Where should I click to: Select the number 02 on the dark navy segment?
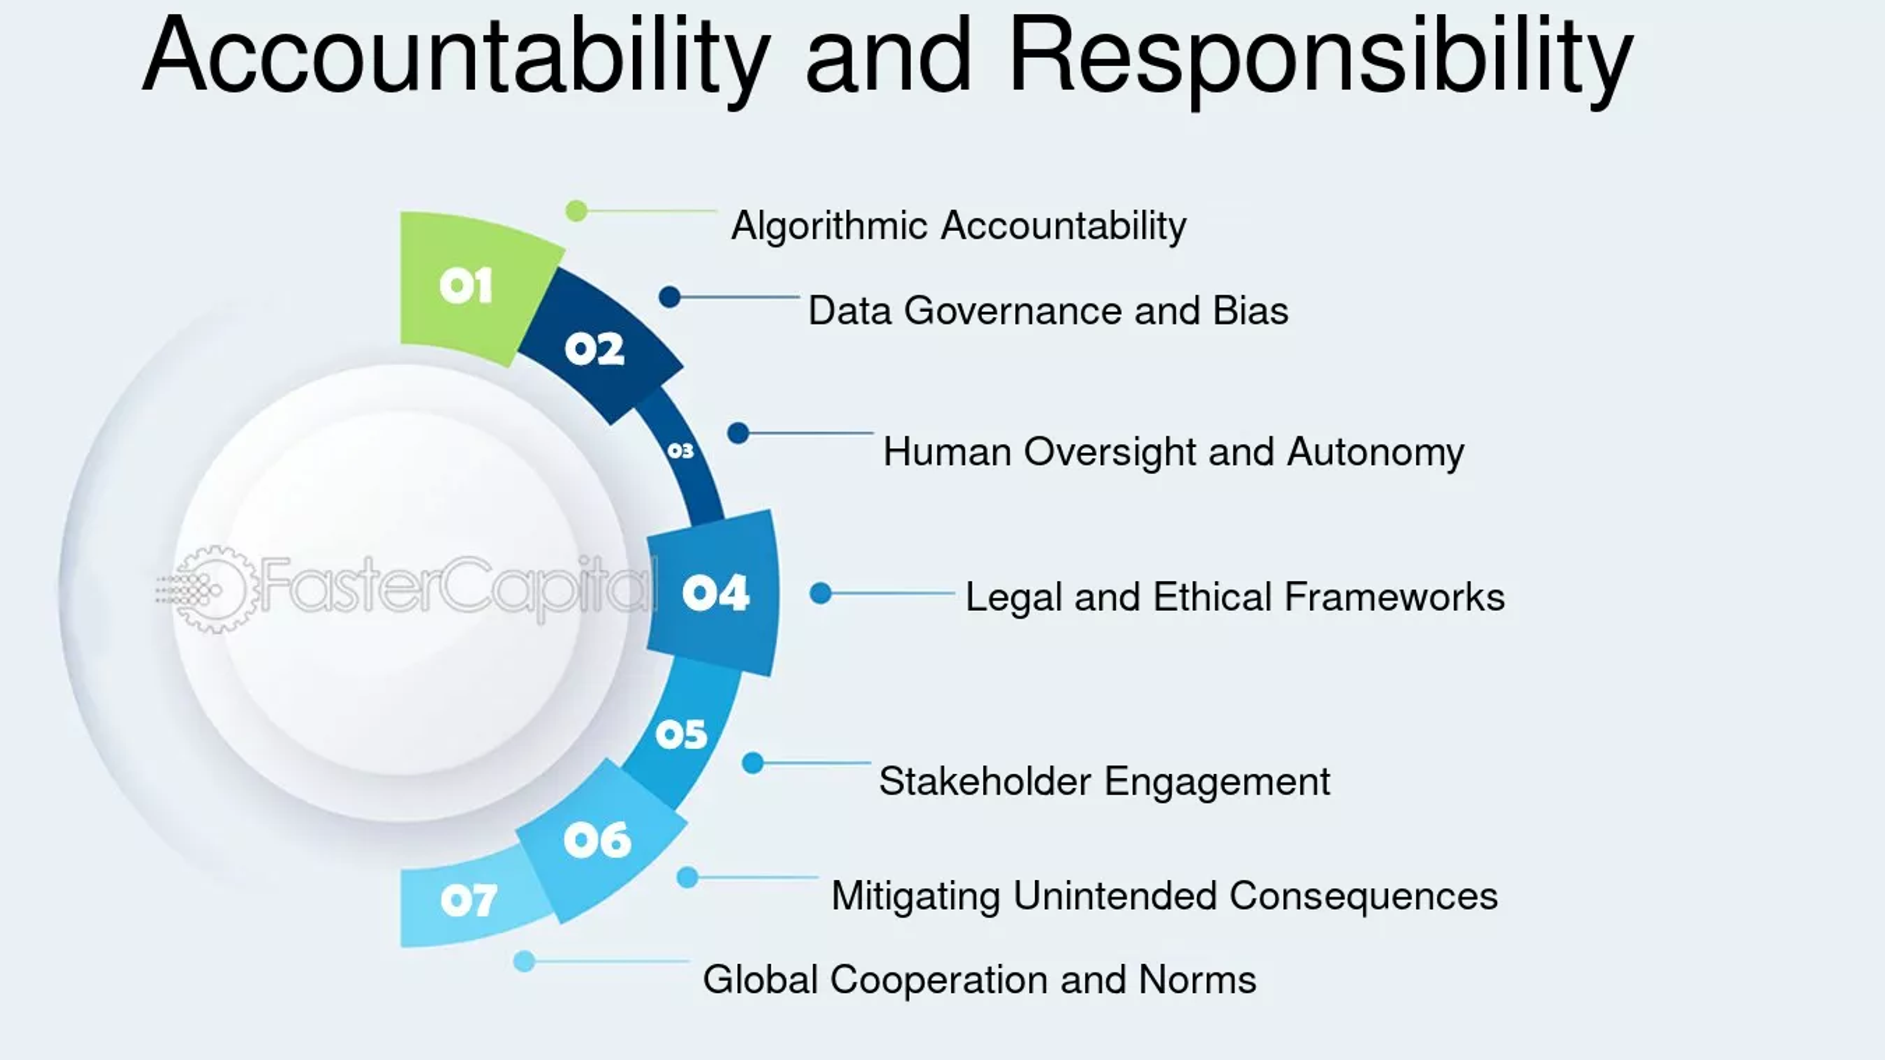tap(594, 349)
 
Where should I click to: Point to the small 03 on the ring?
tap(680, 451)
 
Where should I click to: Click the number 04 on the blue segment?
tap(715, 593)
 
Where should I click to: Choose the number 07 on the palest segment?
tap(468, 900)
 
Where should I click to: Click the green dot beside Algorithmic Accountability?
tap(577, 211)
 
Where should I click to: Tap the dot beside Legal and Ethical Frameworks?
tap(820, 593)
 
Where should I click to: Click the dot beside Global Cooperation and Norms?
tap(524, 961)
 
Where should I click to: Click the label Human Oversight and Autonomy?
tap(1173, 452)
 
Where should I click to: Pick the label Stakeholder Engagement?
tap(1104, 781)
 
